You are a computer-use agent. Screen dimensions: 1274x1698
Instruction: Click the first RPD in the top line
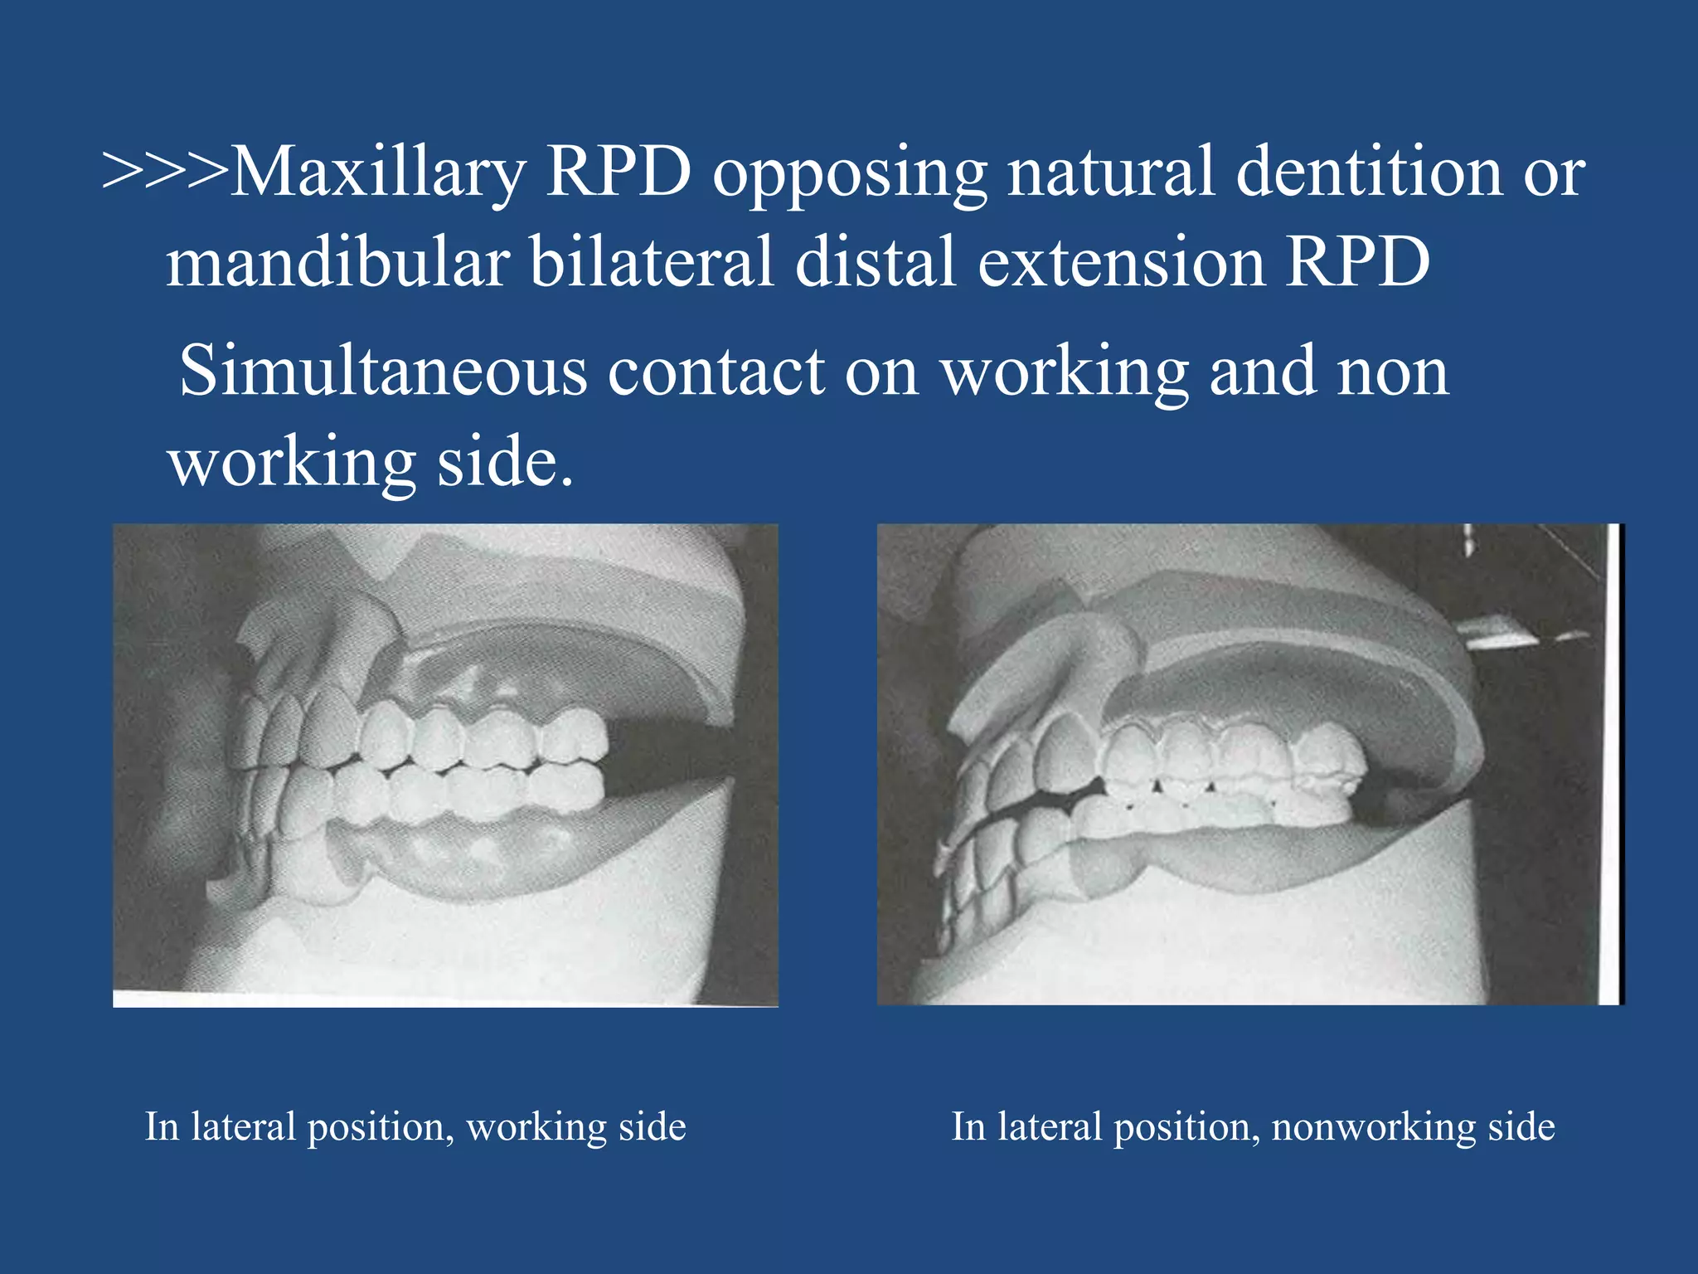[619, 173]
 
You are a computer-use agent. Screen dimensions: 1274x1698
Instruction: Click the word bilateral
[652, 262]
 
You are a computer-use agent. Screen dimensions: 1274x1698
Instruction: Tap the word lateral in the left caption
[243, 1127]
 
